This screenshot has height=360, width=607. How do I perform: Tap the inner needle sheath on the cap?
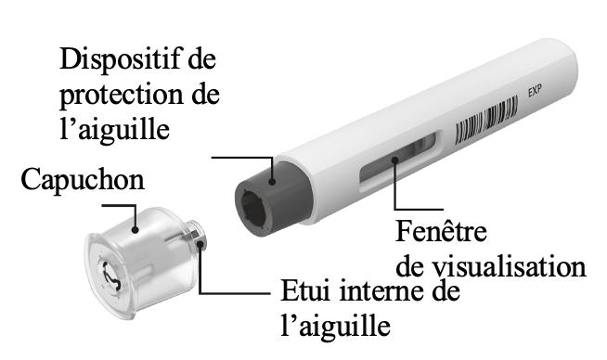[197, 238]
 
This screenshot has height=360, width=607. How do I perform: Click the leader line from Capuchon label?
[136, 213]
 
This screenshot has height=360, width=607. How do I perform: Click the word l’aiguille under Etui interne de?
[334, 327]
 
